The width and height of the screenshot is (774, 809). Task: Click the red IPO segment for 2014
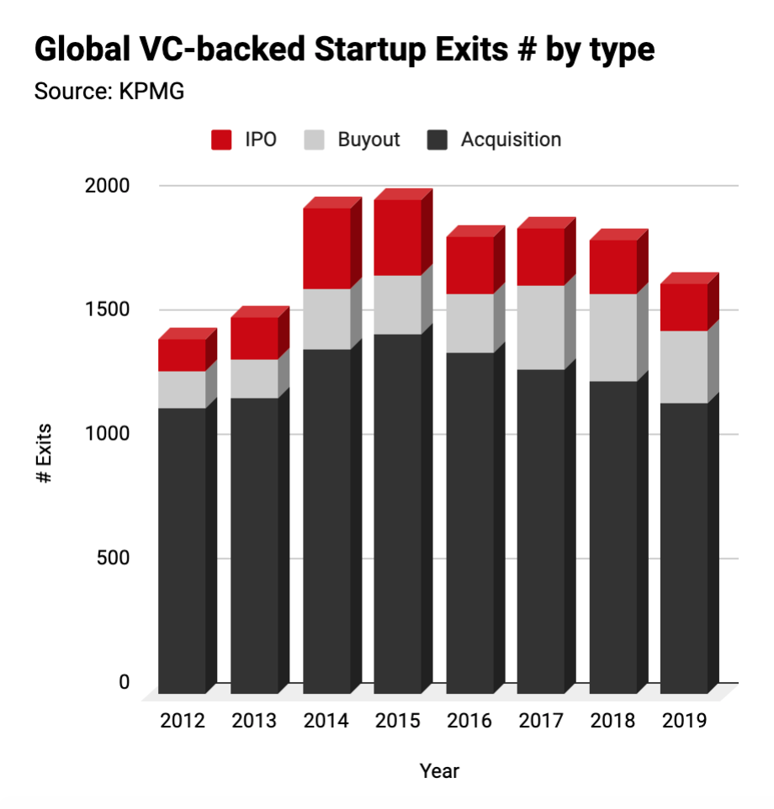326,248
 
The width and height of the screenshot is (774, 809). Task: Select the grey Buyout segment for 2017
540,327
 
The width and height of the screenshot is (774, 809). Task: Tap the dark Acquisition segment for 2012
182,550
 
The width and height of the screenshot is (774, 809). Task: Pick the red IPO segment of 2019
683,307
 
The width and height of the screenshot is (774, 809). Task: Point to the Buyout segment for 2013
254,378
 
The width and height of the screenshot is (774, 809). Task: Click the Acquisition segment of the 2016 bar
469,522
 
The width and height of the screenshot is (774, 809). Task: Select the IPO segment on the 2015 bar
397,237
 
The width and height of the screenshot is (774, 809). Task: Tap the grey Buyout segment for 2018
612,337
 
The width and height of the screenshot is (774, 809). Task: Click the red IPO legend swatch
221,140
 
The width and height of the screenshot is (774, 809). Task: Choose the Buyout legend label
368,140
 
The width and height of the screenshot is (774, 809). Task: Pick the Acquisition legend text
511,140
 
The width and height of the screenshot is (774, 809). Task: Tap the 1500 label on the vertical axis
109,309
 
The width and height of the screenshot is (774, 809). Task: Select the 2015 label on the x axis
397,721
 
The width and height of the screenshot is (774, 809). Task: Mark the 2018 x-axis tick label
612,721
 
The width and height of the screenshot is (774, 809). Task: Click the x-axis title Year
440,770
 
